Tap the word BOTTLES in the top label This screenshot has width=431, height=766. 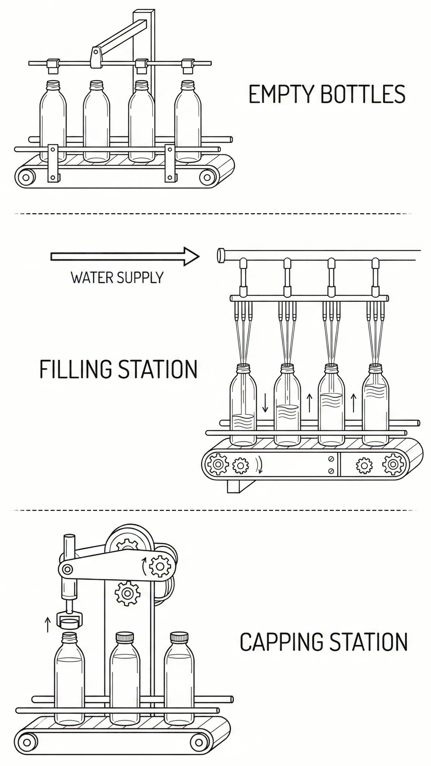click(363, 94)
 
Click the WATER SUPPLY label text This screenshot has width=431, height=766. click(117, 278)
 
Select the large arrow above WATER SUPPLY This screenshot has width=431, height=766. click(125, 256)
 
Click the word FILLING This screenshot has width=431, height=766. click(75, 369)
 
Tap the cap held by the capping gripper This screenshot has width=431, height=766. click(69, 624)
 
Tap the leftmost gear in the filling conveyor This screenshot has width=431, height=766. click(218, 464)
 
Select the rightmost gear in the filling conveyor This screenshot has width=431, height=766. click(393, 464)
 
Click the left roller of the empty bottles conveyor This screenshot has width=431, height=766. click(26, 177)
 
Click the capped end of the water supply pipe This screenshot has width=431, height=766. click(221, 256)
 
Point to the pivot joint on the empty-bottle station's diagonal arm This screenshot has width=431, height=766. click(96, 52)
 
